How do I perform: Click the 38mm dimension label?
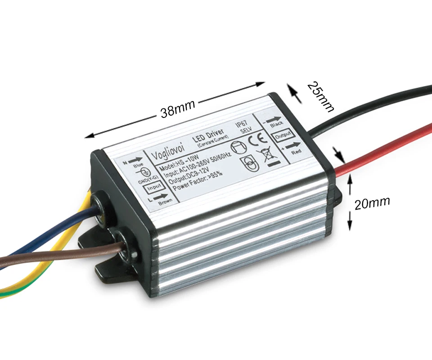[x=178, y=108]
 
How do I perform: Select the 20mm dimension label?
[x=372, y=203]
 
